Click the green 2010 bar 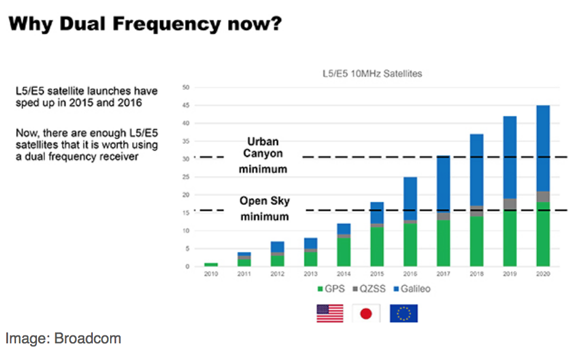click(211, 265)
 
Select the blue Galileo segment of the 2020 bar click(543, 148)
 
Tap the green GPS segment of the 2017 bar click(443, 242)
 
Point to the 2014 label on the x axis click(344, 274)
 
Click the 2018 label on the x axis click(477, 274)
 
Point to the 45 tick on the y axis click(186, 105)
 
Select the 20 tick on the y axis click(186, 194)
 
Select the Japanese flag click(366, 313)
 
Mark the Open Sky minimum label click(264, 209)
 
